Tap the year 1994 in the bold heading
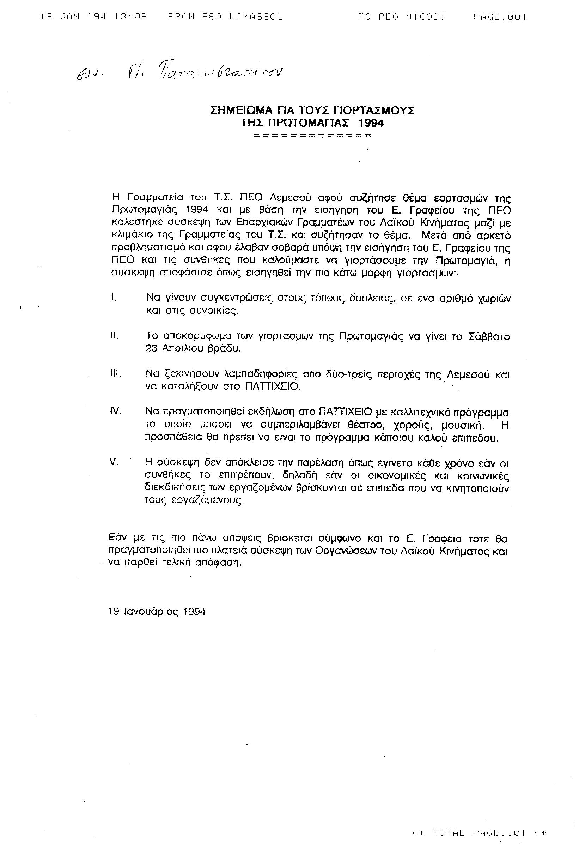pos(371,124)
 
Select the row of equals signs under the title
pos(312,136)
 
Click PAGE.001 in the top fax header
pos(500,17)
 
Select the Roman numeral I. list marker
pos(113,298)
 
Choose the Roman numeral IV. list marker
pos(115,412)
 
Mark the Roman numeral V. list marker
pos(114,462)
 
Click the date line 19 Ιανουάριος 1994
pos(157,612)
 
